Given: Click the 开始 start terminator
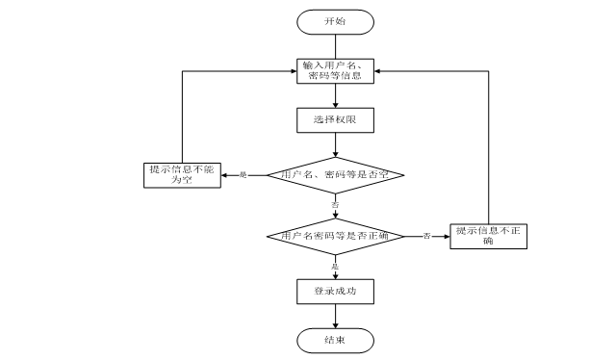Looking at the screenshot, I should tap(334, 20).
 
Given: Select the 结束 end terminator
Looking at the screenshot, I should tap(334, 339).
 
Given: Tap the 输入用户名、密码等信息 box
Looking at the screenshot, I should tap(334, 70).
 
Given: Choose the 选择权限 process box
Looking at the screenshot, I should tap(334, 119).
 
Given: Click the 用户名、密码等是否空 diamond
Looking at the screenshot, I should tap(334, 174).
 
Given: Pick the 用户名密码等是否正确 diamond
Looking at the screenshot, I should tap(334, 236).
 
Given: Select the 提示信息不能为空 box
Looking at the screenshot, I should tap(181, 174).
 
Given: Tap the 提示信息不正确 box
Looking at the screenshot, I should tap(489, 236).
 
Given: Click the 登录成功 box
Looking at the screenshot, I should tap(334, 290).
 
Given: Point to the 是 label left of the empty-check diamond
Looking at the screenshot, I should tap(243, 174).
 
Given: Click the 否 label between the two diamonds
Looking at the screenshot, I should tap(335, 206).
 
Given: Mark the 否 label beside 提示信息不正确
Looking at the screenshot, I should tap(426, 236).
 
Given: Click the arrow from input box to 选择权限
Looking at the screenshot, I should tap(334, 95).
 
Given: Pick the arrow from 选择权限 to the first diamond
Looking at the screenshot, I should tap(334, 144).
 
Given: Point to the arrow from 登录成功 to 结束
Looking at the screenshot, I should tap(334, 315).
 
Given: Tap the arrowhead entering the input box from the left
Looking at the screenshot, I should tap(292, 70).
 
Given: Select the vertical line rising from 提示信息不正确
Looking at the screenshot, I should tap(489, 144).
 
